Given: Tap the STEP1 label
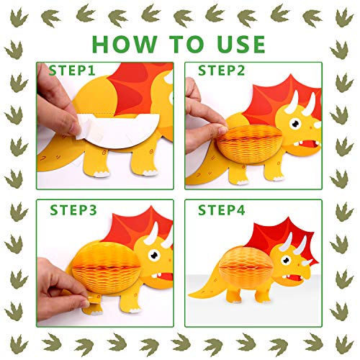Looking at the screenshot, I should tap(71, 71).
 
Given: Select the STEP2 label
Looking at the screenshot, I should tap(221, 71).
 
